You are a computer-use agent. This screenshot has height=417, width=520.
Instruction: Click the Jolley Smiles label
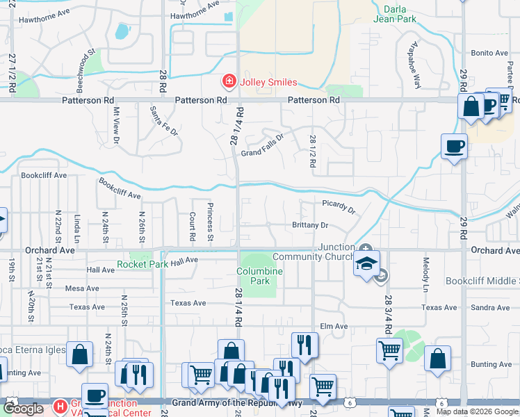(268, 82)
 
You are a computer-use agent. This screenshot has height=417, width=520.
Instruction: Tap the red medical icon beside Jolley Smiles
(229, 82)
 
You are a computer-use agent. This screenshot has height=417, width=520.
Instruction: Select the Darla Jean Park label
(400, 14)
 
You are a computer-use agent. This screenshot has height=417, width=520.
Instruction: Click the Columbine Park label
(259, 276)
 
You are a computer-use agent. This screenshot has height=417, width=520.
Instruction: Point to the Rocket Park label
(143, 264)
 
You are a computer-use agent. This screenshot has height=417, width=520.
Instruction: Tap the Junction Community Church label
(314, 252)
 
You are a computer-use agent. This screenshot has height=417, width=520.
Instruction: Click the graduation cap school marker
(366, 264)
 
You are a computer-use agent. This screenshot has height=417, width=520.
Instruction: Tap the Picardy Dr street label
(339, 206)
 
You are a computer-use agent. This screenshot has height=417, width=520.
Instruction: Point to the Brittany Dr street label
(310, 225)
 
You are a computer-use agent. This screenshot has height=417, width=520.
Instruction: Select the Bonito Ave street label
(490, 53)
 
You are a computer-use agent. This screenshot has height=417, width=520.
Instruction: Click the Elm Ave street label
(334, 326)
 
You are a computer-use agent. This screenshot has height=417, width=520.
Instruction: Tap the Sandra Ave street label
(490, 307)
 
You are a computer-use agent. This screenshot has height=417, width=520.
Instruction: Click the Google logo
(24, 409)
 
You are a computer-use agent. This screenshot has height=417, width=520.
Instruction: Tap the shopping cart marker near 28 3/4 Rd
(389, 350)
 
